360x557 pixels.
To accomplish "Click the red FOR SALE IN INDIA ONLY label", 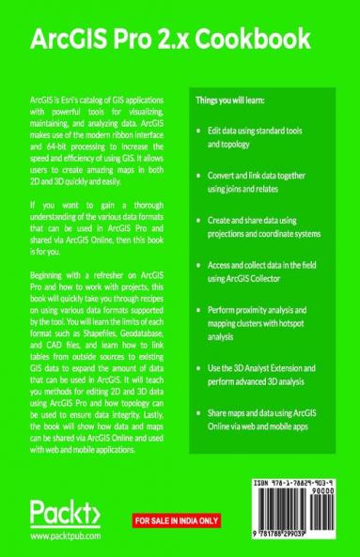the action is click(179, 518).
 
